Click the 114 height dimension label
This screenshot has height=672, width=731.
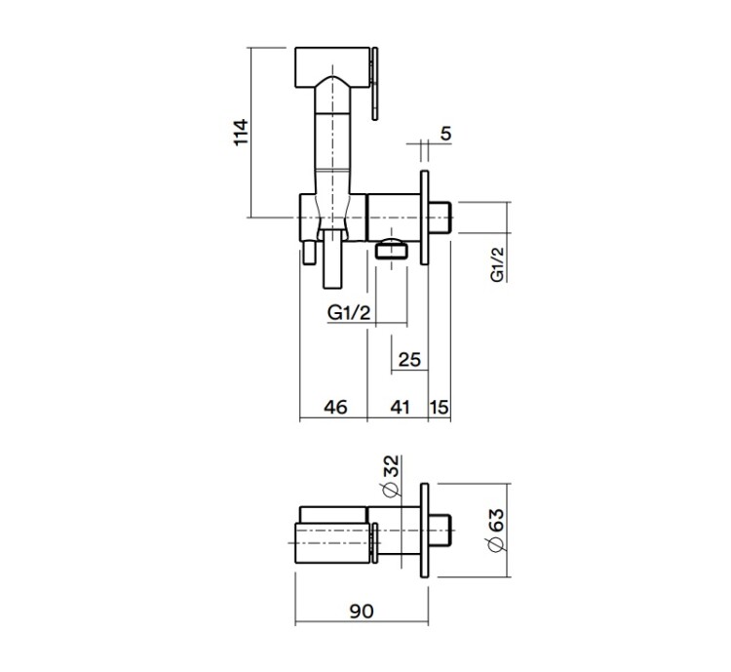click(x=241, y=133)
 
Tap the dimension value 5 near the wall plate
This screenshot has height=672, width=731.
click(x=445, y=134)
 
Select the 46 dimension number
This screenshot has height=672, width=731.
click(x=335, y=407)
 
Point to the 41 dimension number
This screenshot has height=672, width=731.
click(x=400, y=407)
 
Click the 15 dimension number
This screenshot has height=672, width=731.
click(x=440, y=407)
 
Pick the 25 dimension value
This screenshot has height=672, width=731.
click(x=409, y=359)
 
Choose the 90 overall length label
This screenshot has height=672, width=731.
click(x=362, y=611)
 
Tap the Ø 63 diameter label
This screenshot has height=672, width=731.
click(x=495, y=530)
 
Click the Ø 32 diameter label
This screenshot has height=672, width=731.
click(x=391, y=476)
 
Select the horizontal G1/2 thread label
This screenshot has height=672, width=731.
click(x=349, y=312)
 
